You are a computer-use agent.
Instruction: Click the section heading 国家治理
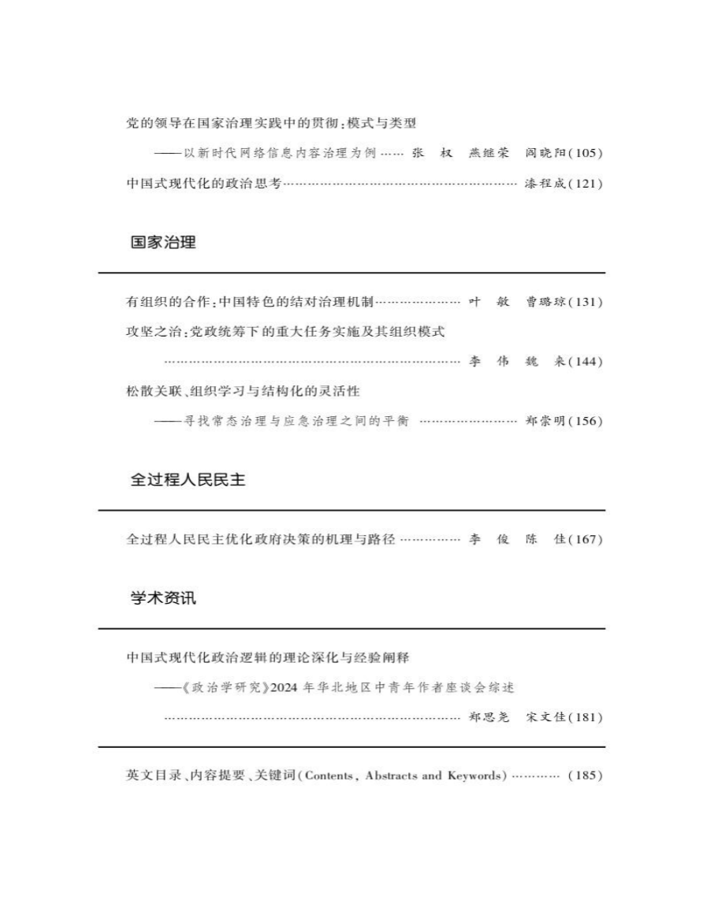(x=163, y=243)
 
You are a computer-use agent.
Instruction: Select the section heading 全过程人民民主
(x=189, y=480)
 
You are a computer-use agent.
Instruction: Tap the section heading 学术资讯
(x=163, y=598)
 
